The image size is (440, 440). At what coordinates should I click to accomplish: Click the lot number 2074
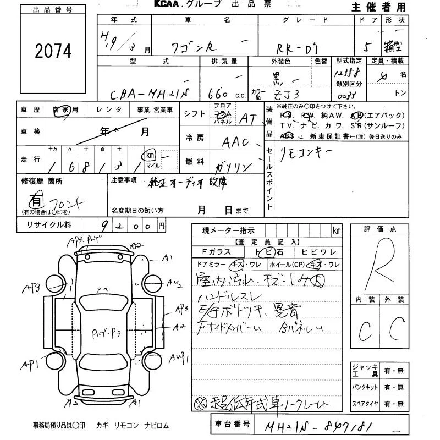(x=53, y=52)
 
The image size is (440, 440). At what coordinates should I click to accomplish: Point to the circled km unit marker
(x=149, y=156)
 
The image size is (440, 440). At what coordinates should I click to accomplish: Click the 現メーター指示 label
(x=228, y=230)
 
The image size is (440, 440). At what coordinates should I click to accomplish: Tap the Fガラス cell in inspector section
(x=217, y=252)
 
